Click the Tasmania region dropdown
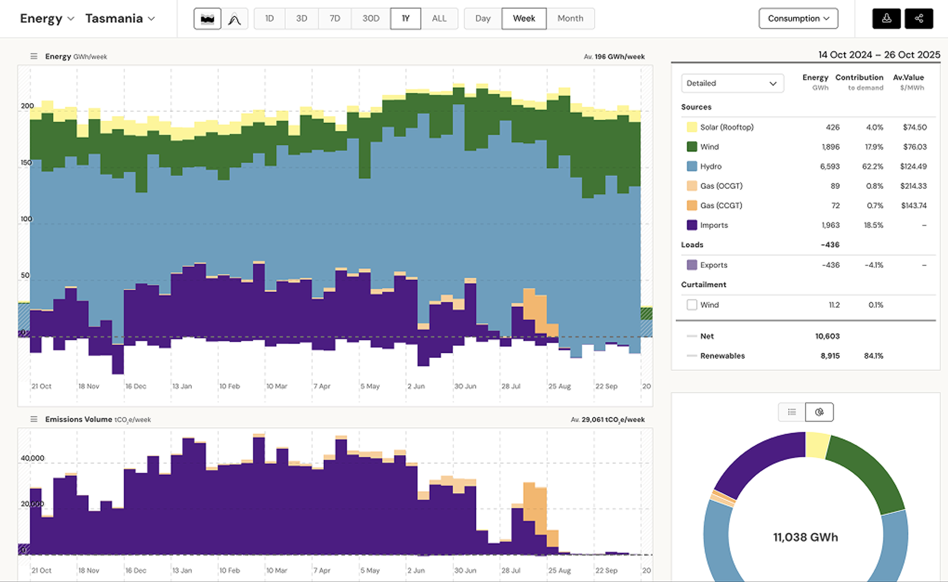click(x=120, y=18)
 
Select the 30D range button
click(x=371, y=18)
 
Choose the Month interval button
click(x=570, y=18)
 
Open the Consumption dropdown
click(x=798, y=18)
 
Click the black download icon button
click(x=886, y=18)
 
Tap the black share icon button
click(x=919, y=18)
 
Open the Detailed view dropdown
click(x=732, y=83)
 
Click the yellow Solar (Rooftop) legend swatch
click(x=692, y=127)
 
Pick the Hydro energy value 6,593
click(x=829, y=166)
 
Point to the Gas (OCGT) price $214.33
click(x=913, y=186)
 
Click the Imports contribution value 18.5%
click(x=873, y=225)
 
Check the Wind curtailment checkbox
click(x=692, y=305)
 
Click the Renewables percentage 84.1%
click(x=873, y=356)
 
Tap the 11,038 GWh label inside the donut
click(x=805, y=537)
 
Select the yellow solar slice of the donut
click(x=818, y=445)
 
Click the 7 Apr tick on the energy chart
click(x=322, y=386)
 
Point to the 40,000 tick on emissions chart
click(x=32, y=458)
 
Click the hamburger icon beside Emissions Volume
click(x=34, y=419)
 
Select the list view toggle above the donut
click(x=792, y=412)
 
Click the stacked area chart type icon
click(x=207, y=19)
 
